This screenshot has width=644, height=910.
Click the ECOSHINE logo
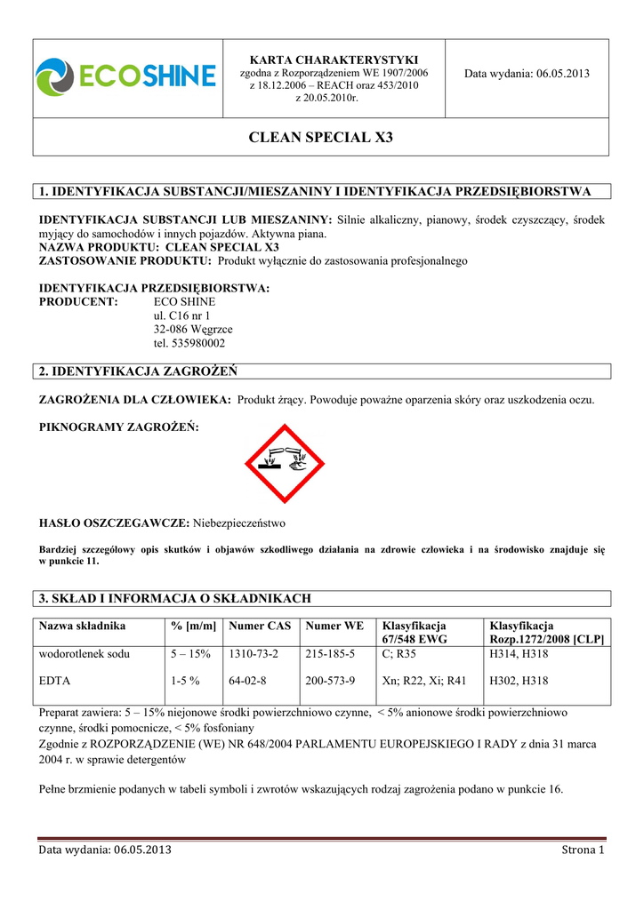(125, 75)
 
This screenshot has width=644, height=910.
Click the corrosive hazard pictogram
(286, 464)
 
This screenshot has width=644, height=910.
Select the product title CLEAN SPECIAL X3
(321, 138)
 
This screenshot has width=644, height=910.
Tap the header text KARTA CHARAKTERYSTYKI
(334, 59)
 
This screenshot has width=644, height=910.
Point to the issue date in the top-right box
(527, 73)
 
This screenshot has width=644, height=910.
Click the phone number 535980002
(189, 343)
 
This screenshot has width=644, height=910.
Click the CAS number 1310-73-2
(253, 654)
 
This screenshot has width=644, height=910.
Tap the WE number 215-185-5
(330, 654)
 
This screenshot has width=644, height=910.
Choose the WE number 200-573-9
(330, 682)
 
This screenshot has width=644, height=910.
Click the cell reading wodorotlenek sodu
(85, 654)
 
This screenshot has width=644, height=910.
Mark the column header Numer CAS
(259, 627)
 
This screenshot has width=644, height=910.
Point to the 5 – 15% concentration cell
(190, 654)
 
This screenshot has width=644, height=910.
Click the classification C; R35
(399, 654)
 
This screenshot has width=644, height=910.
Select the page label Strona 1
(583, 850)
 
